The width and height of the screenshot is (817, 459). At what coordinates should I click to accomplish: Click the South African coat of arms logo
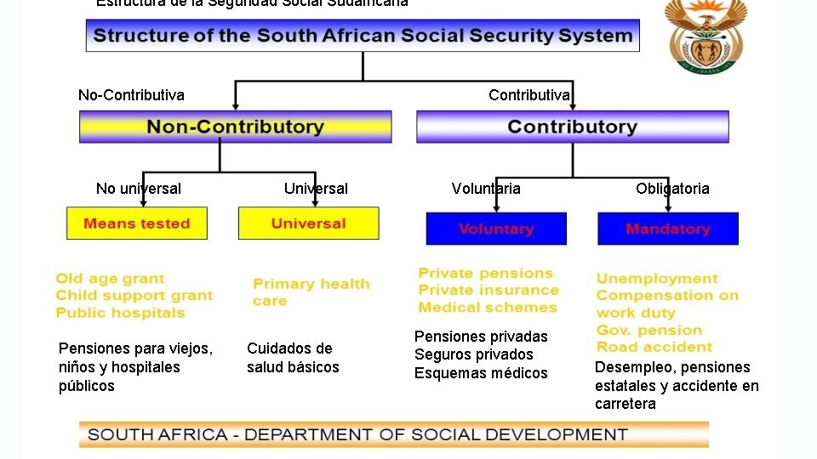706,36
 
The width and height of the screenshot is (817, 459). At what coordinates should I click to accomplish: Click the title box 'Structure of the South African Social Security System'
363,37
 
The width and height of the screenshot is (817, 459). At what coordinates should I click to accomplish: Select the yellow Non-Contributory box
235,127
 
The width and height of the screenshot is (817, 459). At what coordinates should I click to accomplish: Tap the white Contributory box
572,127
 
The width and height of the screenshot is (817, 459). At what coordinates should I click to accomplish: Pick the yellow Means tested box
136,224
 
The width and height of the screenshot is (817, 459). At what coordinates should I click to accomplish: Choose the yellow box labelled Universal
308,224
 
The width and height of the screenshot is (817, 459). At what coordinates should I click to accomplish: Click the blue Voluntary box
496,229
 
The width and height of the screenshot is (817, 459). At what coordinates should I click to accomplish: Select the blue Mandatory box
667,229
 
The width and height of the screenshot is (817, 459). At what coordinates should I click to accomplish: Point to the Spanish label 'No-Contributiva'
131,94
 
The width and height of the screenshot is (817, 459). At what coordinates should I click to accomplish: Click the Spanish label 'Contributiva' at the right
528,94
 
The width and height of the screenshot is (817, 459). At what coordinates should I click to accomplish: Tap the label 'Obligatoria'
672,189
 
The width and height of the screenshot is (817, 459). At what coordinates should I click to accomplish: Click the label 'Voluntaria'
486,189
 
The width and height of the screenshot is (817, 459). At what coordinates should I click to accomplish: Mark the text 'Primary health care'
311,292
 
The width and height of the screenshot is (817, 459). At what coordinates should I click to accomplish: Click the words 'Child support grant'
134,296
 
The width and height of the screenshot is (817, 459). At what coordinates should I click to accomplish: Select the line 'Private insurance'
488,290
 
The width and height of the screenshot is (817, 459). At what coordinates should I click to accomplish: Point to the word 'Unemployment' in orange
657,279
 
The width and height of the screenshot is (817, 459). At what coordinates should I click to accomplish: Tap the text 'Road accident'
654,347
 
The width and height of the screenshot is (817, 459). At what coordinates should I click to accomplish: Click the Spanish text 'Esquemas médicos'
481,373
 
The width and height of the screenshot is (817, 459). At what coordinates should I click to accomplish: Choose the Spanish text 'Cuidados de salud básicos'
293,358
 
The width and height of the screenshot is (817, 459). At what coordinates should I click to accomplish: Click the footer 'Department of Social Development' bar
393,434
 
